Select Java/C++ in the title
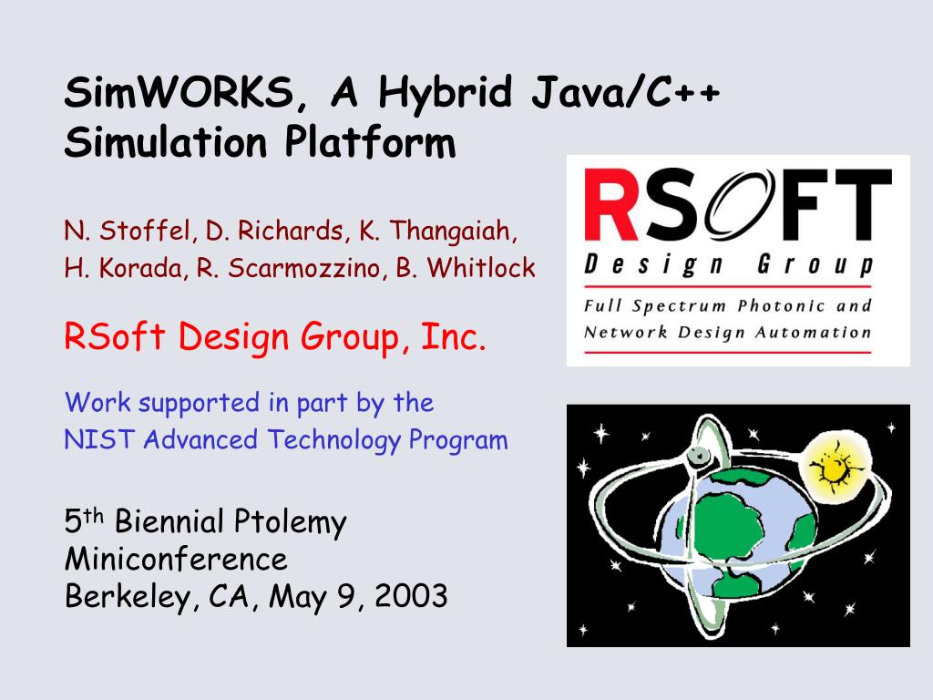tap(625, 93)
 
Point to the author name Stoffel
tap(145, 231)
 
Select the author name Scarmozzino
tap(304, 269)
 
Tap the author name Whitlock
tap(481, 267)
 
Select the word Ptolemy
tap(290, 522)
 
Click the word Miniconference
tap(176, 560)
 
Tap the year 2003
tap(411, 596)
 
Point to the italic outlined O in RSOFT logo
tap(740, 204)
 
